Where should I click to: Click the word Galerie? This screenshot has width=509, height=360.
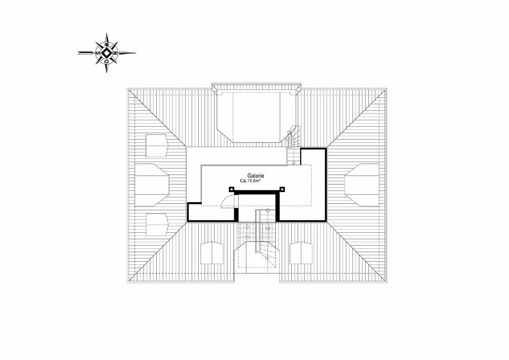pyautogui.click(x=256, y=175)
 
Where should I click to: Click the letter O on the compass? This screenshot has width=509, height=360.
pyautogui.click(x=106, y=60)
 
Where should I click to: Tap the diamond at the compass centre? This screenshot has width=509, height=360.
pyautogui.click(x=107, y=53)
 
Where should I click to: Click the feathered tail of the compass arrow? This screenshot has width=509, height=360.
pyautogui.click(x=83, y=53)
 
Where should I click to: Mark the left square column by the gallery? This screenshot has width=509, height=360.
pyautogui.click(x=232, y=189)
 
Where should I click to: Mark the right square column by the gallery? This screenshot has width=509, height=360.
pyautogui.click(x=282, y=189)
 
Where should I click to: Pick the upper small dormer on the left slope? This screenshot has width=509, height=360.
pyautogui.click(x=157, y=145)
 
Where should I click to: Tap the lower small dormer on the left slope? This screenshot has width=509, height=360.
pyautogui.click(x=157, y=225)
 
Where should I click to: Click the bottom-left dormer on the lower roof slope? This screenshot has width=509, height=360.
pyautogui.click(x=212, y=252)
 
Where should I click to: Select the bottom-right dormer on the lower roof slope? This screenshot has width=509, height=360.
pyautogui.click(x=301, y=252)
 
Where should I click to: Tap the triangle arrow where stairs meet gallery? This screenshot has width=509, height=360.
pyautogui.click(x=294, y=163)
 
